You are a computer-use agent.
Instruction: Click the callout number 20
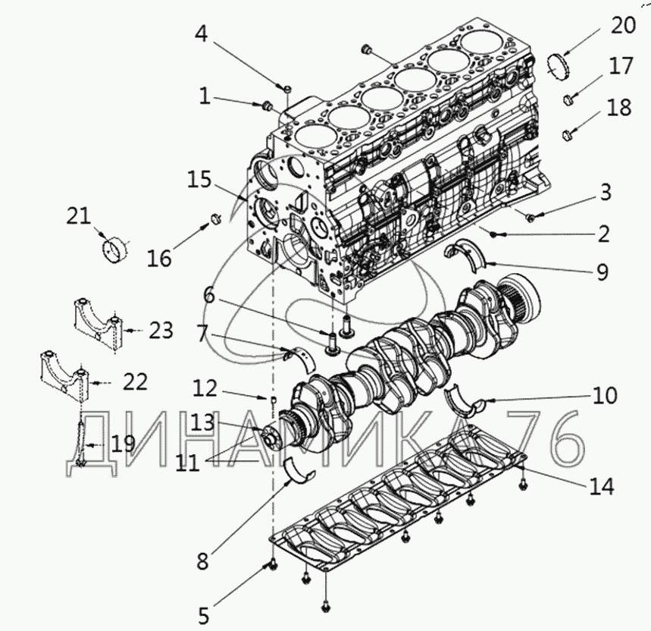[623, 25]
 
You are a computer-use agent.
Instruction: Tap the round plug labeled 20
[557, 66]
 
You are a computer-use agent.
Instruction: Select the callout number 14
[601, 486]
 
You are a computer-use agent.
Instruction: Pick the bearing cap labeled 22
[64, 376]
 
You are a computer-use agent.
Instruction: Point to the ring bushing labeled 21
[115, 250]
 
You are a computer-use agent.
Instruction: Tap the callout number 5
[203, 616]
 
